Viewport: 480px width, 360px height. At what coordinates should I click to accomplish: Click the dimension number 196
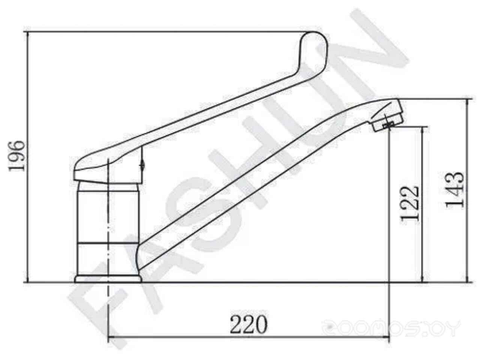tap(16, 156)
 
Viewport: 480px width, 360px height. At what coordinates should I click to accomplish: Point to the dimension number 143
tap(454, 190)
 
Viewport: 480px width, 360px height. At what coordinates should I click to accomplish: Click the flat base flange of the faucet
tap(108, 279)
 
